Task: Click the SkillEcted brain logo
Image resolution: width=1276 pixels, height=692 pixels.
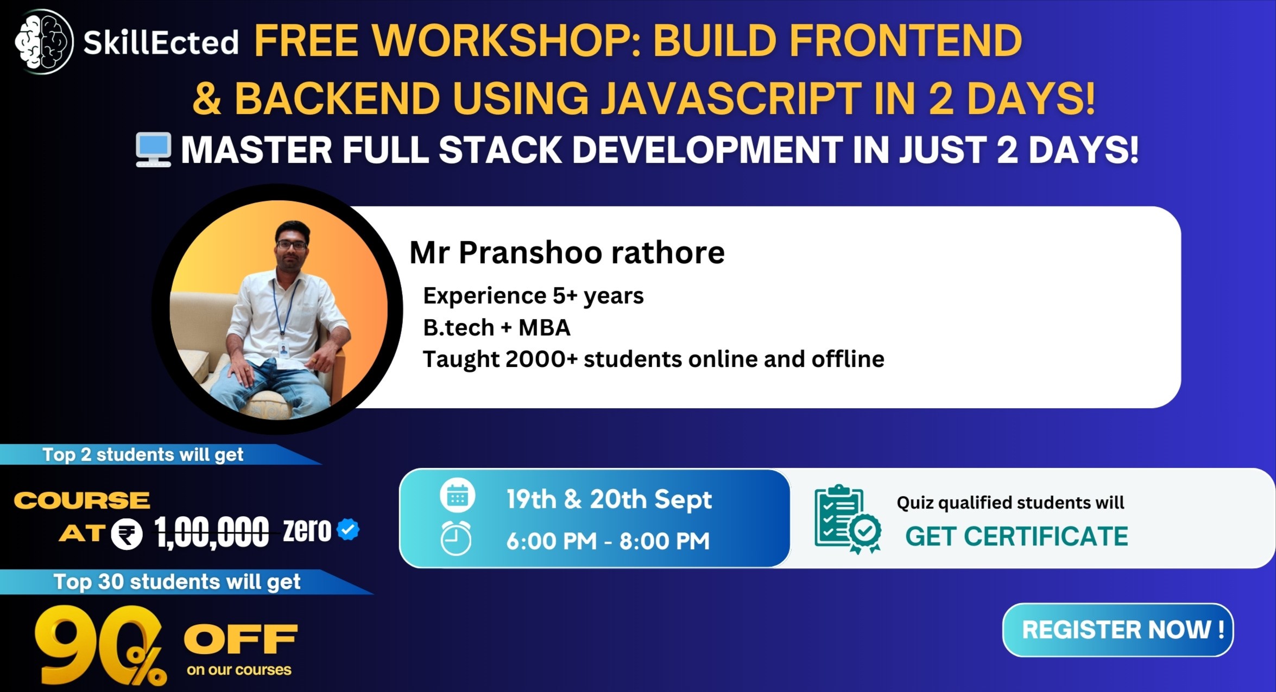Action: (x=43, y=41)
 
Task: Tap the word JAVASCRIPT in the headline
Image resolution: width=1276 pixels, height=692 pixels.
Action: (x=730, y=99)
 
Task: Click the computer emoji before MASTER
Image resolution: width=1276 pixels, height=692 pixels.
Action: (x=154, y=150)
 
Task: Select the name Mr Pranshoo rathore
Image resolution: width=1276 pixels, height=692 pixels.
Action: (x=566, y=253)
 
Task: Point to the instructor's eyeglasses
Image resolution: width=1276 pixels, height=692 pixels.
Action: (x=292, y=245)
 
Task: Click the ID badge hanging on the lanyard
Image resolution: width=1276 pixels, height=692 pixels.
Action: (x=283, y=349)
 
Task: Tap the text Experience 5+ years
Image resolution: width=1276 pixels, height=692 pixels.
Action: (x=533, y=296)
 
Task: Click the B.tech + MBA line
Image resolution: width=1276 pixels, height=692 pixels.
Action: (x=496, y=328)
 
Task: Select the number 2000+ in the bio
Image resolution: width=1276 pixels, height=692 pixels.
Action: (x=541, y=359)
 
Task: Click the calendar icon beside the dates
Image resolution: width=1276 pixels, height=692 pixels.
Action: (x=457, y=496)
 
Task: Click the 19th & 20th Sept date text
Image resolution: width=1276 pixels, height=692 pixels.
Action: (x=609, y=499)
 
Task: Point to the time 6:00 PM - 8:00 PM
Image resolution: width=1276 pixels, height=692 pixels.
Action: (x=608, y=541)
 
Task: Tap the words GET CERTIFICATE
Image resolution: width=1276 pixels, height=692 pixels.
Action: (x=1016, y=536)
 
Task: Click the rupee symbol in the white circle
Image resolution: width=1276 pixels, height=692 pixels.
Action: (x=127, y=535)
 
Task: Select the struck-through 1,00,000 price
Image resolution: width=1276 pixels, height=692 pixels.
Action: (x=211, y=532)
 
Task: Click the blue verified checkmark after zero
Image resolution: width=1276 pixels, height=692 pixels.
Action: (x=348, y=529)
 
